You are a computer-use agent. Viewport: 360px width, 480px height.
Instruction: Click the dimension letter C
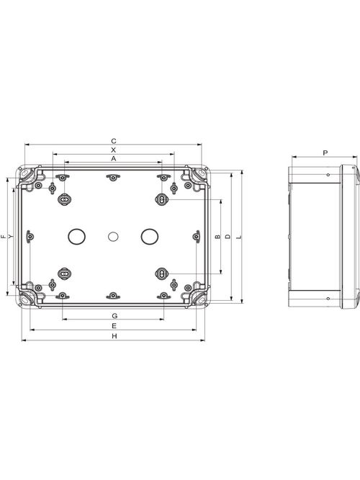(114, 140)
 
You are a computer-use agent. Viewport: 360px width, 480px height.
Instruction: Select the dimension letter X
(114, 149)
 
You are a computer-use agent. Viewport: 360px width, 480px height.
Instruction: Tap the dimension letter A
(114, 157)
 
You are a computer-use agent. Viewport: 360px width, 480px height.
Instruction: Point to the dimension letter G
(114, 317)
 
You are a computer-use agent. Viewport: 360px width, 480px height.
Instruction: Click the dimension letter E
(114, 326)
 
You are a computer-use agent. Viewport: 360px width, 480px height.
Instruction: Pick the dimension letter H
(114, 336)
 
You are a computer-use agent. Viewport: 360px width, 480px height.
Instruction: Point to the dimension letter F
(4, 236)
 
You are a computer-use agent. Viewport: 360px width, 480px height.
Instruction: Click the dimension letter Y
(10, 236)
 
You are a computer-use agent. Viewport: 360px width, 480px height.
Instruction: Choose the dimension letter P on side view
(325, 153)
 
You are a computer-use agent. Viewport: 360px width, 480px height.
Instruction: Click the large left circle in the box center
(76, 235)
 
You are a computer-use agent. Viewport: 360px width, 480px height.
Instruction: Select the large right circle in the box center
(149, 235)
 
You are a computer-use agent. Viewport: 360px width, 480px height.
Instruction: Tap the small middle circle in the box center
(112, 235)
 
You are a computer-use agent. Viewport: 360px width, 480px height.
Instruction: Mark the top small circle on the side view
(328, 175)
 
